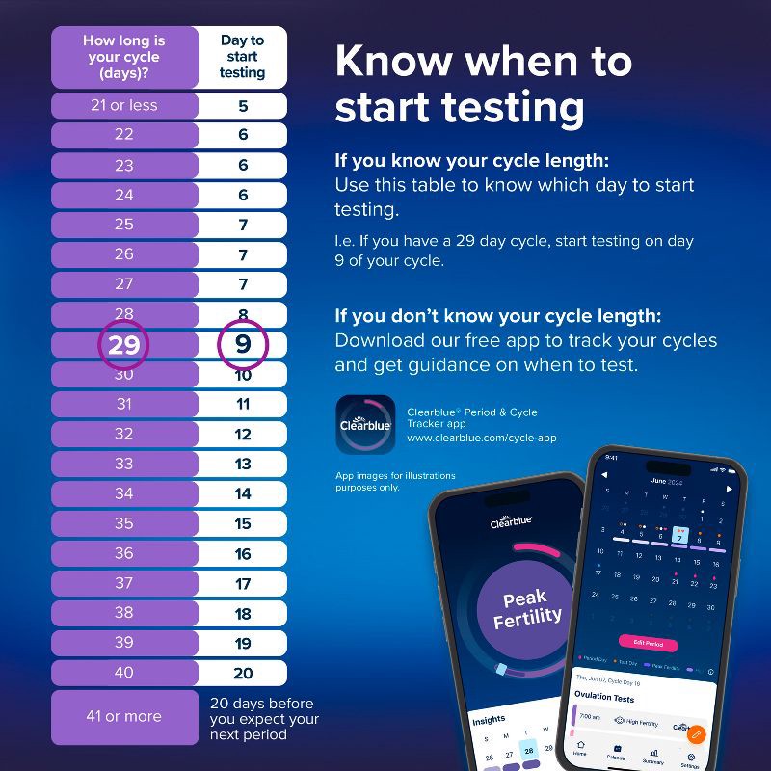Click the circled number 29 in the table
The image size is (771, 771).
point(124,345)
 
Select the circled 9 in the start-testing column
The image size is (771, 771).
point(242,345)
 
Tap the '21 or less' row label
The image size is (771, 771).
point(124,105)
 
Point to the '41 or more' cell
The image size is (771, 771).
point(124,716)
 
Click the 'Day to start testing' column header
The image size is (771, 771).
point(243,57)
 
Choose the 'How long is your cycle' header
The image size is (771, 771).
point(124,57)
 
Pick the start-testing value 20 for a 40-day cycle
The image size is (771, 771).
point(243,673)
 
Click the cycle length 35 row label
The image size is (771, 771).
point(124,523)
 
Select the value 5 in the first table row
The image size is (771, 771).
point(243,105)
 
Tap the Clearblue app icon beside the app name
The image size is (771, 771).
point(364,424)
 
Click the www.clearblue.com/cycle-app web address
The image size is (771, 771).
point(481,438)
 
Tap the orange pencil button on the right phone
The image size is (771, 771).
point(696,732)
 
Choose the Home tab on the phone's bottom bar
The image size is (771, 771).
point(581,749)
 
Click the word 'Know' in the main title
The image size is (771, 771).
point(393,63)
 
